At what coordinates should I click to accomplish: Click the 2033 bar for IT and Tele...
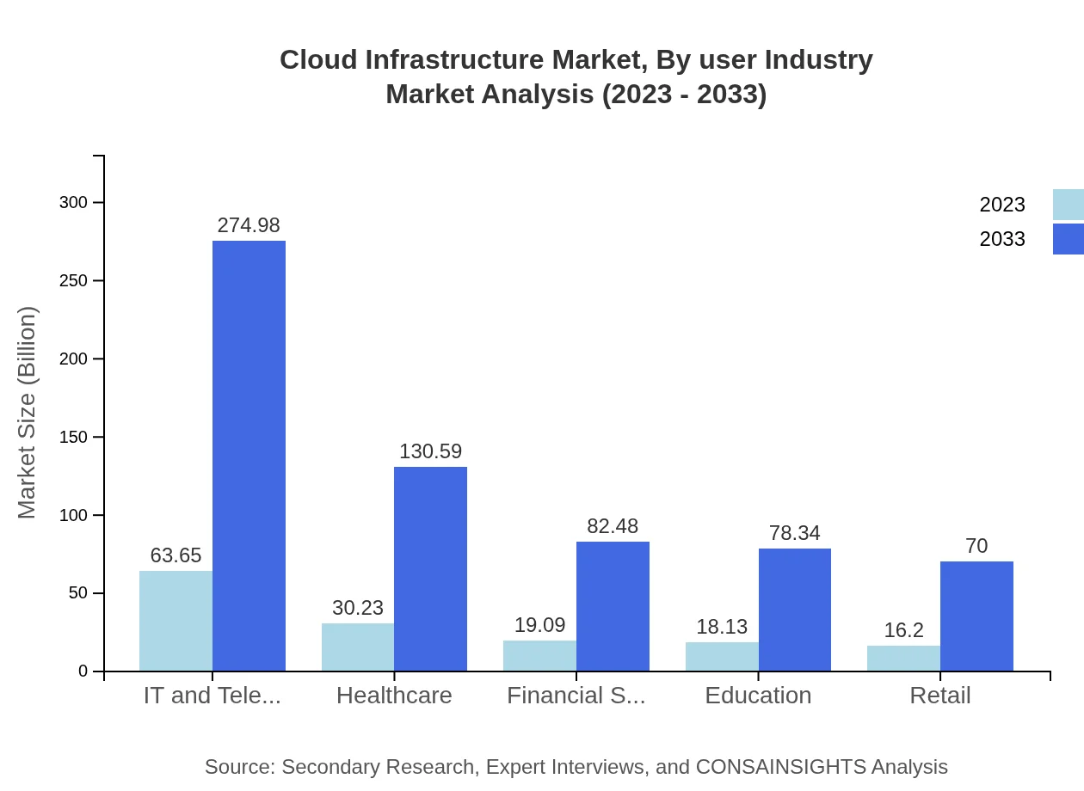pyautogui.click(x=249, y=456)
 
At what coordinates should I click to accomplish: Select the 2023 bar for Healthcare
pyautogui.click(x=358, y=647)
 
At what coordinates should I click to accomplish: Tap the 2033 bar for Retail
pyautogui.click(x=976, y=616)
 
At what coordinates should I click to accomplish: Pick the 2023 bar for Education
pyautogui.click(x=722, y=656)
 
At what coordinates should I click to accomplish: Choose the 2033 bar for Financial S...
pyautogui.click(x=613, y=606)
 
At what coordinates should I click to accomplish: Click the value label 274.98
pyautogui.click(x=249, y=225)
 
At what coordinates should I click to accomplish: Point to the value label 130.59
pyautogui.click(x=430, y=451)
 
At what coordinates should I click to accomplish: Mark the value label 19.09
pyautogui.click(x=539, y=625)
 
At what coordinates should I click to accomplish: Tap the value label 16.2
pyautogui.click(x=903, y=630)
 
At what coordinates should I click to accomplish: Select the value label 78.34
pyautogui.click(x=794, y=533)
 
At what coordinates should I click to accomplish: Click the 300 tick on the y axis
pyautogui.click(x=73, y=203)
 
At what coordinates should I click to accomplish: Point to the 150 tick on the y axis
pyautogui.click(x=73, y=438)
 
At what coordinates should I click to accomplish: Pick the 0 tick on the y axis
pyautogui.click(x=83, y=671)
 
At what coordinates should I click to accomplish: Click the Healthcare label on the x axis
pyautogui.click(x=394, y=696)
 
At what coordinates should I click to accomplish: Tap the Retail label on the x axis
pyautogui.click(x=939, y=696)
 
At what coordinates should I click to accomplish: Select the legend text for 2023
pyautogui.click(x=1002, y=205)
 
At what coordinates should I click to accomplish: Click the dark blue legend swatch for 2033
pyautogui.click(x=1068, y=239)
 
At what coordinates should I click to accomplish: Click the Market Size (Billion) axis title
pyautogui.click(x=28, y=413)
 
